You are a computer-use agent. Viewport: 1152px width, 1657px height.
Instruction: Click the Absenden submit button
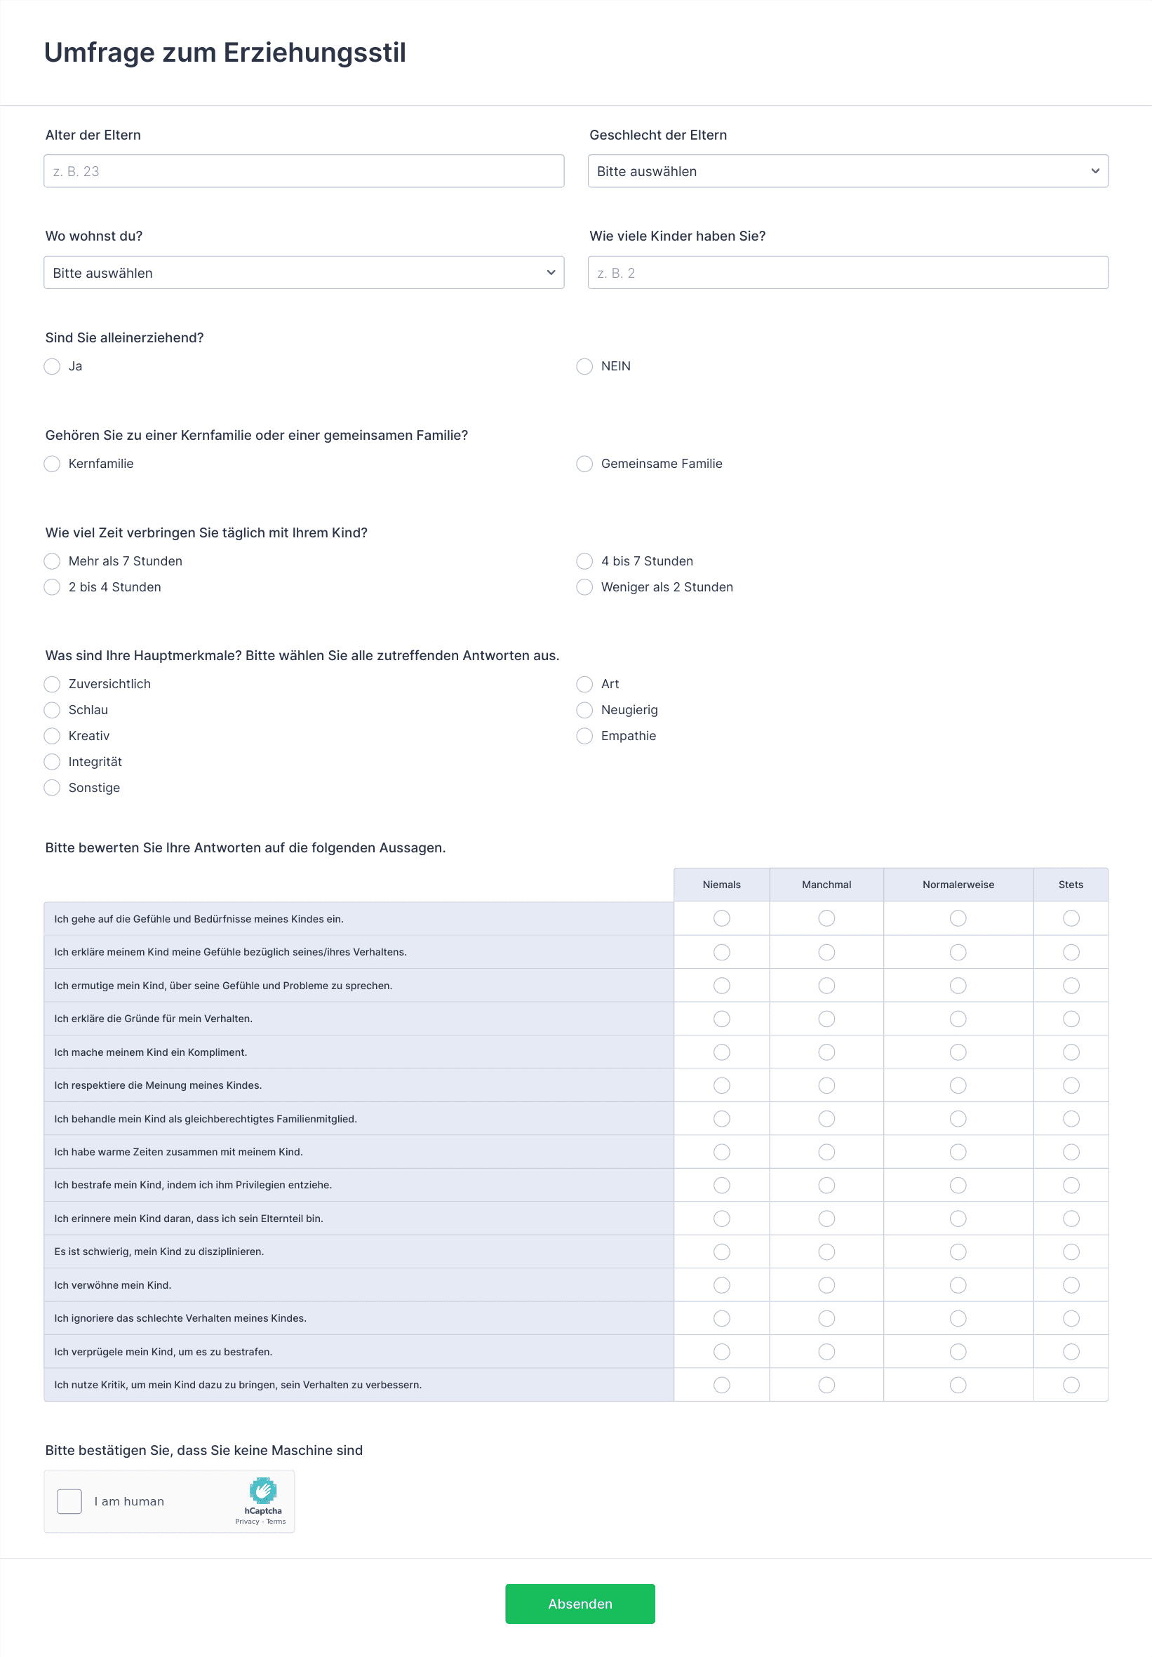coord(580,1604)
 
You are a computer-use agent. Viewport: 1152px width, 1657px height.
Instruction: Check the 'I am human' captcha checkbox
coord(69,1501)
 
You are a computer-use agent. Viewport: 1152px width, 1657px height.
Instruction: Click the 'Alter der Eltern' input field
coord(303,171)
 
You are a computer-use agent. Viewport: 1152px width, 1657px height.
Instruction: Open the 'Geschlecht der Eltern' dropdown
coord(848,171)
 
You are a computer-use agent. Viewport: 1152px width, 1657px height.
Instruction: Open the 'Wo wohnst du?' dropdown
coord(303,273)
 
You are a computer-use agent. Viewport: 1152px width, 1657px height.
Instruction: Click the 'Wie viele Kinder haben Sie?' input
coord(848,273)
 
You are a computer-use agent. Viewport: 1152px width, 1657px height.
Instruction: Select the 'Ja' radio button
coord(52,367)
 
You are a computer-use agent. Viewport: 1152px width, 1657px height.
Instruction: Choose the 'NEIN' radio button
coord(584,367)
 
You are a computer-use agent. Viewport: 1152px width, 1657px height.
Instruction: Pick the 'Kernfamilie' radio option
coord(52,464)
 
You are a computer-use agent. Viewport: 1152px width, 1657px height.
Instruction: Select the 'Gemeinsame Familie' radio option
coord(584,464)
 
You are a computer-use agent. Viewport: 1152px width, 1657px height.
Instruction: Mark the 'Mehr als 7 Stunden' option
coord(52,561)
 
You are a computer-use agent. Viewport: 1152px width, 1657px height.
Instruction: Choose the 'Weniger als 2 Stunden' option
coord(584,587)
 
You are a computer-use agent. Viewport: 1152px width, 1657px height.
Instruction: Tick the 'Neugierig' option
coord(584,710)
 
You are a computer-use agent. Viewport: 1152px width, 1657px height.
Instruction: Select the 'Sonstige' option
coord(52,788)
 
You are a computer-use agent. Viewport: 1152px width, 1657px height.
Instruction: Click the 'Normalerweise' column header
coord(958,885)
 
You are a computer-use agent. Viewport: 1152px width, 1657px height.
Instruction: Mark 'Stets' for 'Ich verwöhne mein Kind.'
coord(1071,1285)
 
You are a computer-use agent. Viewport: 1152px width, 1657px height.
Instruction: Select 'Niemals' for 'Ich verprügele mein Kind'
coord(722,1352)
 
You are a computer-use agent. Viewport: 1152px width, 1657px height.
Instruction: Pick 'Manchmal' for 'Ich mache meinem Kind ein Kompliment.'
coord(826,1052)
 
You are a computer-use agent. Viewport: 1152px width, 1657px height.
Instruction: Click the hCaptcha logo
coord(262,1489)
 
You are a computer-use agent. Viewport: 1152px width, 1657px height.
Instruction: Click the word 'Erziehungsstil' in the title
coord(315,53)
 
